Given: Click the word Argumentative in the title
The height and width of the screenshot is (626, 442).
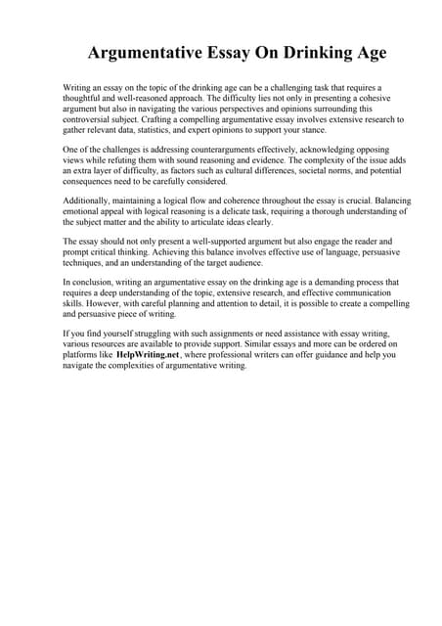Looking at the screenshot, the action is [x=147, y=52].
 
